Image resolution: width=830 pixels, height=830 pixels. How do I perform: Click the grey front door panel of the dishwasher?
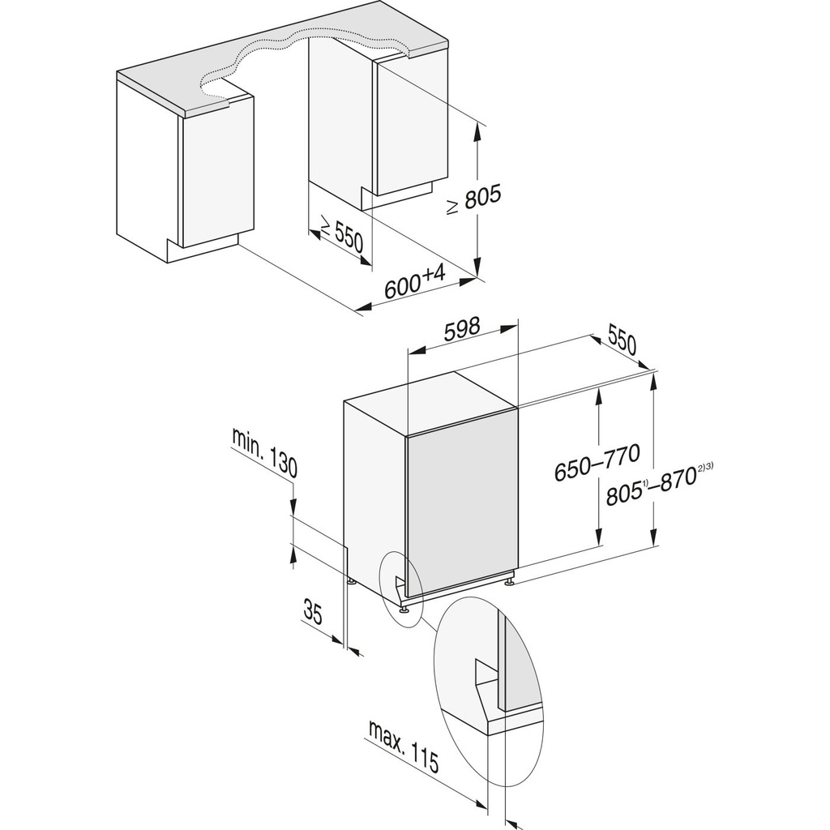(462, 511)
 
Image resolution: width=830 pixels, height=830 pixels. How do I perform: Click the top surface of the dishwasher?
(430, 405)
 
